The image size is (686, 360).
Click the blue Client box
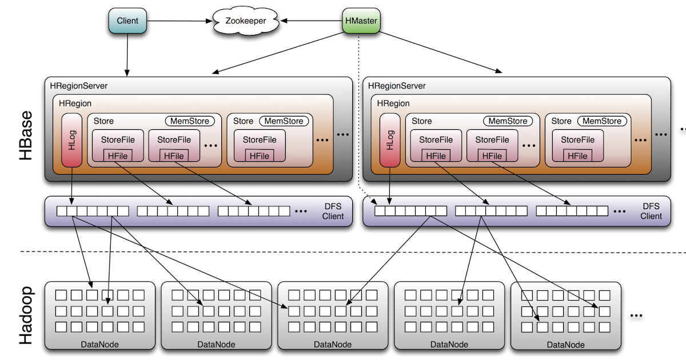click(x=127, y=21)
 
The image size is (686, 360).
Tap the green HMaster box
click(x=361, y=21)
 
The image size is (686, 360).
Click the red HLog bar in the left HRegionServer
click(x=72, y=140)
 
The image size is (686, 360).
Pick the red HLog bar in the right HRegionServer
click(x=390, y=140)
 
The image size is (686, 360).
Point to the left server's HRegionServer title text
click(x=79, y=86)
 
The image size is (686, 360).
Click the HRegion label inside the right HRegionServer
click(x=393, y=103)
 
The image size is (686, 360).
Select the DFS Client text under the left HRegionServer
click(x=333, y=211)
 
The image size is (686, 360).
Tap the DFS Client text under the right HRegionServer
click(x=651, y=211)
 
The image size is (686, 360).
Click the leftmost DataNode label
click(x=100, y=345)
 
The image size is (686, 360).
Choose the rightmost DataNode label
click(x=565, y=345)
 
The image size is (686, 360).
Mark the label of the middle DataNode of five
click(x=333, y=345)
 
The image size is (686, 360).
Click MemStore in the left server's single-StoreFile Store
click(x=284, y=121)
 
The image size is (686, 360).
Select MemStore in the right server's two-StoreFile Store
click(x=508, y=121)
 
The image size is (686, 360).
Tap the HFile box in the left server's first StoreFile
click(x=118, y=155)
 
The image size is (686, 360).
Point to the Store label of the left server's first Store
click(x=103, y=121)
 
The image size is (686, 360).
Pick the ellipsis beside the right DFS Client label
click(x=619, y=211)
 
